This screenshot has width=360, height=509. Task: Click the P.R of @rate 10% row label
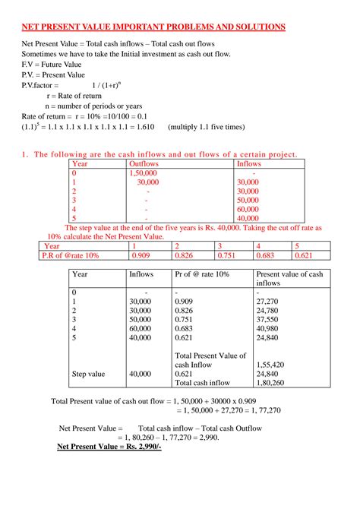(x=71, y=256)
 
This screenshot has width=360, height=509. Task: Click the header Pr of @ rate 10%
(x=204, y=273)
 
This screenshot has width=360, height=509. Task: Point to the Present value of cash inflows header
(x=289, y=278)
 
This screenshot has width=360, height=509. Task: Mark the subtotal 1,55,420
(x=270, y=365)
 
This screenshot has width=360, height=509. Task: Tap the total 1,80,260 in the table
(x=270, y=383)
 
